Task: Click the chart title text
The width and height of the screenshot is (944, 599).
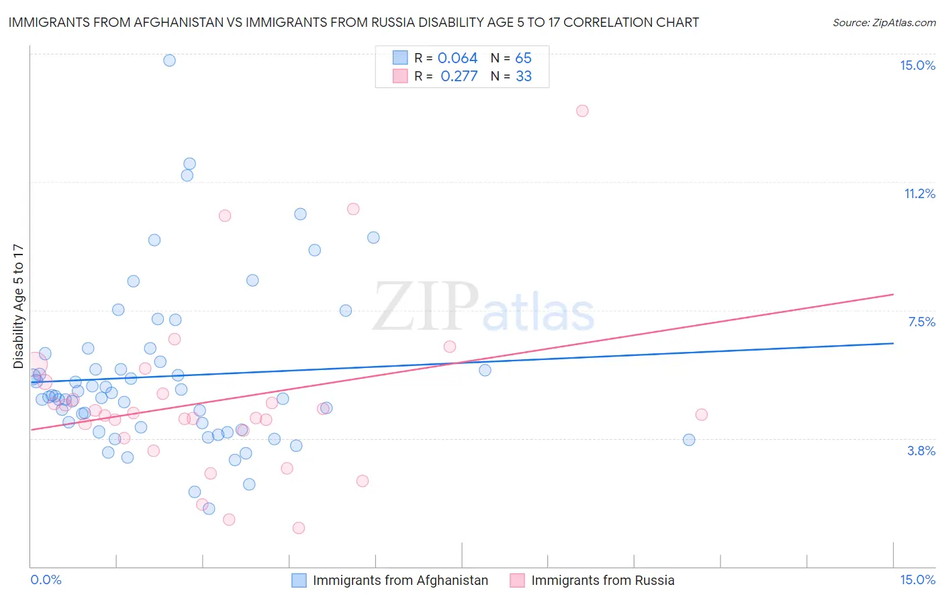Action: [x=353, y=22]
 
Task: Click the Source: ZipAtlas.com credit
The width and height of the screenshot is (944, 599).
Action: [x=884, y=22]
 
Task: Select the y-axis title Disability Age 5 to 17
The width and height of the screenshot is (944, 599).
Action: [x=18, y=306]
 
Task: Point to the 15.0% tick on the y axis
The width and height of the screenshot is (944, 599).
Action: [x=917, y=65]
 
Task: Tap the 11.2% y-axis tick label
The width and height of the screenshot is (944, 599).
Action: [x=919, y=193]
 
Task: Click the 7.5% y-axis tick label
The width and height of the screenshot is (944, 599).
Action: [x=921, y=322]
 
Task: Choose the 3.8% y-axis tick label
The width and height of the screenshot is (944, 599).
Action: [x=921, y=451]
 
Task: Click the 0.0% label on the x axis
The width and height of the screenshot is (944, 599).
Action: [x=46, y=580]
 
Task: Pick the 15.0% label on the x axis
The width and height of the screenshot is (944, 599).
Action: [x=917, y=580]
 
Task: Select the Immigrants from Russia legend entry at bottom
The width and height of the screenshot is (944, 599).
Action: [x=602, y=580]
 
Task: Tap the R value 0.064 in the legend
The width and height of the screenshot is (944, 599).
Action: [x=457, y=58]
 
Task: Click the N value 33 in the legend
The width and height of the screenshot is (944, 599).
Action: [x=524, y=77]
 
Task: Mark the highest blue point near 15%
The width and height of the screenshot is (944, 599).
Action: [x=169, y=60]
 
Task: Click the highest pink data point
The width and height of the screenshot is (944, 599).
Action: [x=582, y=111]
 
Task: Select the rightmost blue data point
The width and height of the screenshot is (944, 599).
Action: [x=689, y=440]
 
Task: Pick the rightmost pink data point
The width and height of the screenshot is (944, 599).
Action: [x=702, y=414]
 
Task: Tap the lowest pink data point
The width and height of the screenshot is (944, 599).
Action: [x=299, y=528]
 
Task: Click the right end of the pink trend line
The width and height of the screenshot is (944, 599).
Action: [x=893, y=294]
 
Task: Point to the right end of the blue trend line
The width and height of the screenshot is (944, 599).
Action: [x=893, y=343]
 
